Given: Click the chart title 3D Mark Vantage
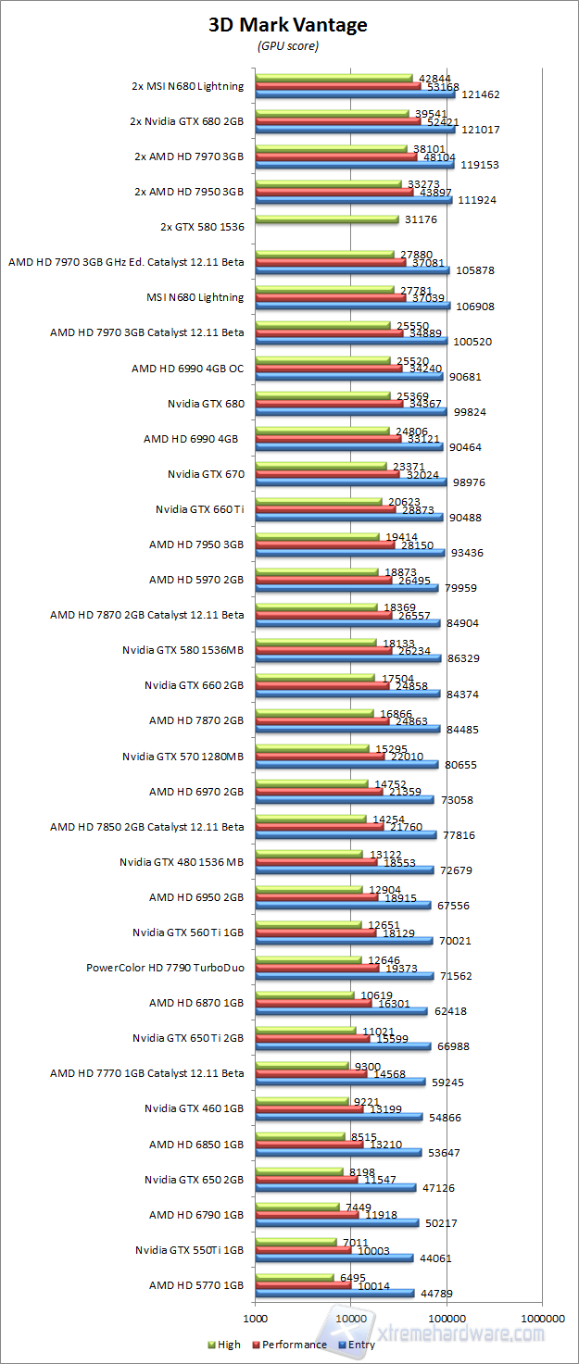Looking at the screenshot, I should point(287,25).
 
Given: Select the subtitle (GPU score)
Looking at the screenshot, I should point(287,45).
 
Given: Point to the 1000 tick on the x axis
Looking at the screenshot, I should point(255,1316).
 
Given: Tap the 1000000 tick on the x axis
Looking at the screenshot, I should point(543,1316).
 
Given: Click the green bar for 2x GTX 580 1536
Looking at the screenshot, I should point(326,219).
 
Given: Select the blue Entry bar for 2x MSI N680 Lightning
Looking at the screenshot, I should point(354,94).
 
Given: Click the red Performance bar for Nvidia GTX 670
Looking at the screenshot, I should point(327,474).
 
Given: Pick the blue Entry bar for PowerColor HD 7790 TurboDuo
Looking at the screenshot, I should point(344,976).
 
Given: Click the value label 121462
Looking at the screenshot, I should point(479,94).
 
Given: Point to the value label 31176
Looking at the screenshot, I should point(420,219).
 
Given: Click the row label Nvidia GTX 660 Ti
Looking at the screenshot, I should point(200,509).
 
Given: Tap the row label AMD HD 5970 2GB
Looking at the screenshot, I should point(196,580).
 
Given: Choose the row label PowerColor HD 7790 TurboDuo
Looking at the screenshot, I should point(165,969).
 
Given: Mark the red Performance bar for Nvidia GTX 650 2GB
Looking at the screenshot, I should point(306,1180).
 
